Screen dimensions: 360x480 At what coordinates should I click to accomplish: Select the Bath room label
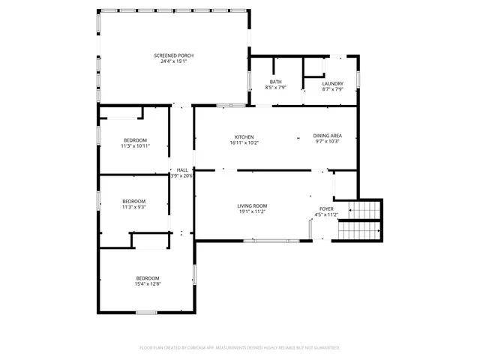click(x=275, y=82)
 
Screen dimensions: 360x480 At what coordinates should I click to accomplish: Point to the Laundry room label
click(x=332, y=83)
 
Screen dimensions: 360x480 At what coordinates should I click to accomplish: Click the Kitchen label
click(x=244, y=136)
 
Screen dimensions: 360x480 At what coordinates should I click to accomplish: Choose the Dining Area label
click(x=328, y=136)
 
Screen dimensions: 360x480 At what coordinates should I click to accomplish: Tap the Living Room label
click(x=252, y=205)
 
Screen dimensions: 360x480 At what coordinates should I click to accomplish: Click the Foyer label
click(x=326, y=209)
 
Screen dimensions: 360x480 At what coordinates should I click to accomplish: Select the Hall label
click(x=182, y=170)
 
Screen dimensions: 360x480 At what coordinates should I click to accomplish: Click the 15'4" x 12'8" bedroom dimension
click(x=147, y=284)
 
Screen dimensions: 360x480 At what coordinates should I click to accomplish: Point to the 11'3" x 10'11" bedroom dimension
click(x=136, y=146)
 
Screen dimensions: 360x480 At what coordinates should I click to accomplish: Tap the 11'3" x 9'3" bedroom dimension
click(x=133, y=207)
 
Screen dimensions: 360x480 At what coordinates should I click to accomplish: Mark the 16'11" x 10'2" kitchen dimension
click(x=244, y=142)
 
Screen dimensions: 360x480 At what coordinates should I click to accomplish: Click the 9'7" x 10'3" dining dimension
click(x=328, y=142)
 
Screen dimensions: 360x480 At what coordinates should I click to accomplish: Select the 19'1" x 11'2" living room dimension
click(x=252, y=211)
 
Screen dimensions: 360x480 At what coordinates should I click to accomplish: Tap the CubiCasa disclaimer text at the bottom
click(x=240, y=348)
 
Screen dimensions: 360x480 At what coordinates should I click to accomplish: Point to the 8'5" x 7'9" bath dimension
click(x=275, y=88)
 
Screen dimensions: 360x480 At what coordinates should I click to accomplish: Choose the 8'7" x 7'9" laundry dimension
click(x=332, y=89)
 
